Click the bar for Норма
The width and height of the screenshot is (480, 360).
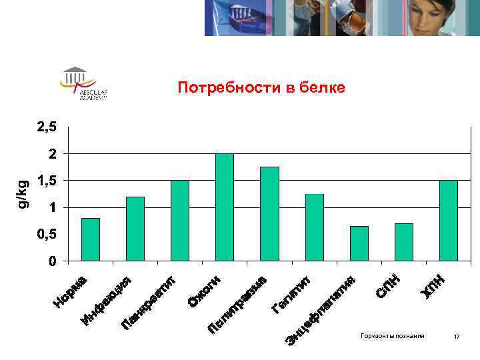[x=91, y=239]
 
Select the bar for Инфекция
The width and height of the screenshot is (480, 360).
[x=135, y=228]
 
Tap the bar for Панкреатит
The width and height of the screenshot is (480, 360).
[x=180, y=220]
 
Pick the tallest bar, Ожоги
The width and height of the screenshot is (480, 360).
[x=225, y=207]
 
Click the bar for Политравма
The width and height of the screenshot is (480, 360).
[x=269, y=213]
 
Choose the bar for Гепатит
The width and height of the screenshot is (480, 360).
[x=314, y=227]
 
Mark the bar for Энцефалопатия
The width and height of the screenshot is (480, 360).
[x=359, y=243]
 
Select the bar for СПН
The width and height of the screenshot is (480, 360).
[x=404, y=241]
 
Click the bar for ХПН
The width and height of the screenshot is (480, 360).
[x=449, y=220]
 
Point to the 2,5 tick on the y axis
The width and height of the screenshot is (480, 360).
[x=46, y=127]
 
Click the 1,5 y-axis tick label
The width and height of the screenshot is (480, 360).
[x=46, y=181]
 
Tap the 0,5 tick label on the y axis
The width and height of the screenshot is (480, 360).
[x=46, y=235]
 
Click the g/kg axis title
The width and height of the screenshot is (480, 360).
[x=23, y=193]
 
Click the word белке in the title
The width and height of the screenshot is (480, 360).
[x=323, y=88]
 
